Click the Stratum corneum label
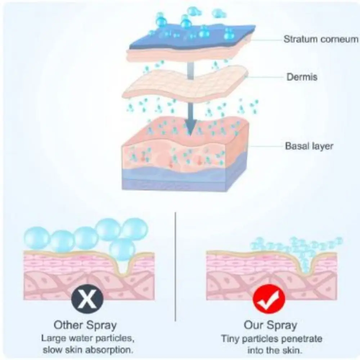321,39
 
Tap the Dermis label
302,77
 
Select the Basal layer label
309,146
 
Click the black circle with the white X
87,299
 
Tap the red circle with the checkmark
269,299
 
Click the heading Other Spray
85,325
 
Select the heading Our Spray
270,325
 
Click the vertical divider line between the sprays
175,266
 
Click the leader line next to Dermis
266,77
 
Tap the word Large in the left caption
53,338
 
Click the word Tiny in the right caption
231,339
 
